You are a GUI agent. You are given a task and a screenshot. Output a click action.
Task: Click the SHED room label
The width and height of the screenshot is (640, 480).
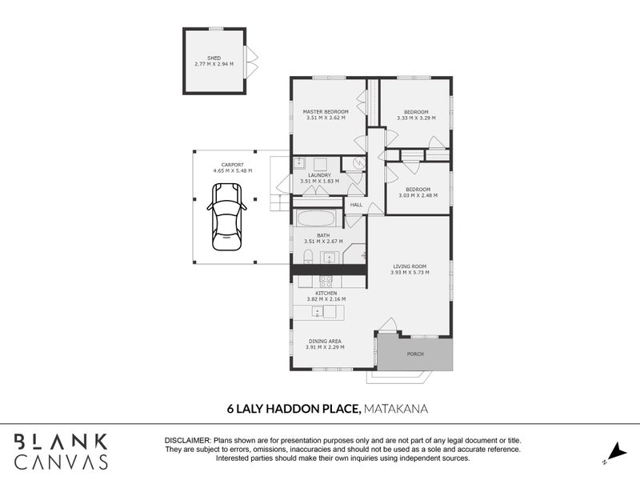[214, 58]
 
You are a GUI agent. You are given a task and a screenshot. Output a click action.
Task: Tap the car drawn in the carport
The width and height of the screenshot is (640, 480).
[227, 217]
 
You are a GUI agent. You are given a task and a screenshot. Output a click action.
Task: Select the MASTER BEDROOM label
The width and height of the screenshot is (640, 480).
[326, 112]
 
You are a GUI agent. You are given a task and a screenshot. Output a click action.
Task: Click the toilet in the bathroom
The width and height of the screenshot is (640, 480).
[308, 257]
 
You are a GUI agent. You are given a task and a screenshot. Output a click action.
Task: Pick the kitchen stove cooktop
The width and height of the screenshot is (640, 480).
[326, 282]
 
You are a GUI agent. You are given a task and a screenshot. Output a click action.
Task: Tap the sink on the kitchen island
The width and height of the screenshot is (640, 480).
[318, 312]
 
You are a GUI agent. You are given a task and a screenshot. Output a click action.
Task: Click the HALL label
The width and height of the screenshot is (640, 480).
[356, 205]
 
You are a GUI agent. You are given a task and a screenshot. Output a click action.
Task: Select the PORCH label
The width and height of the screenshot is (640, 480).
[415, 354]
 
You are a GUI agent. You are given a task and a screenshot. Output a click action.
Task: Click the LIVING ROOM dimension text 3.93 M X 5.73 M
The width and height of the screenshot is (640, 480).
[410, 272]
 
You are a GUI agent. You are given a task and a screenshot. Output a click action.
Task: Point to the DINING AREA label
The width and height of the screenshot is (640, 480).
[325, 342]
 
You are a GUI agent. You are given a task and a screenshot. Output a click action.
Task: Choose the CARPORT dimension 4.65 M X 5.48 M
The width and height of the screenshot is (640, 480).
[233, 170]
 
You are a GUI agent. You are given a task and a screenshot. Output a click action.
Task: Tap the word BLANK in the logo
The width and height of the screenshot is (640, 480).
[62, 442]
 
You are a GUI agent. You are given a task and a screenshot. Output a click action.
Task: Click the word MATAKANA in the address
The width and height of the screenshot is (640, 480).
[395, 409]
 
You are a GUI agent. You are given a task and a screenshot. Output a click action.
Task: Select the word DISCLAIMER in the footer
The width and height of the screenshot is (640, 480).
[188, 441]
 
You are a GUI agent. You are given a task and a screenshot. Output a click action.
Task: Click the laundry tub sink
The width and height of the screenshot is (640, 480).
[299, 163]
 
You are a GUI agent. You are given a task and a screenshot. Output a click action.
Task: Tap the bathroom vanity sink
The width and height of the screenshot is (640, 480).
[329, 258]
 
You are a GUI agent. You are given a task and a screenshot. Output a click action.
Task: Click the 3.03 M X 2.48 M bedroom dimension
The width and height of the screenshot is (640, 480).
[418, 195]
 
